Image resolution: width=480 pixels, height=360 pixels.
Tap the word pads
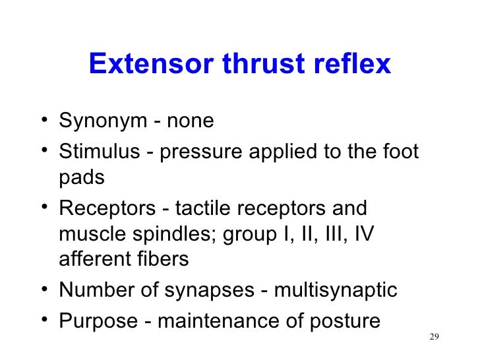82,178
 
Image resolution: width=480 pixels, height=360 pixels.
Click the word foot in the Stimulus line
399,152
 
